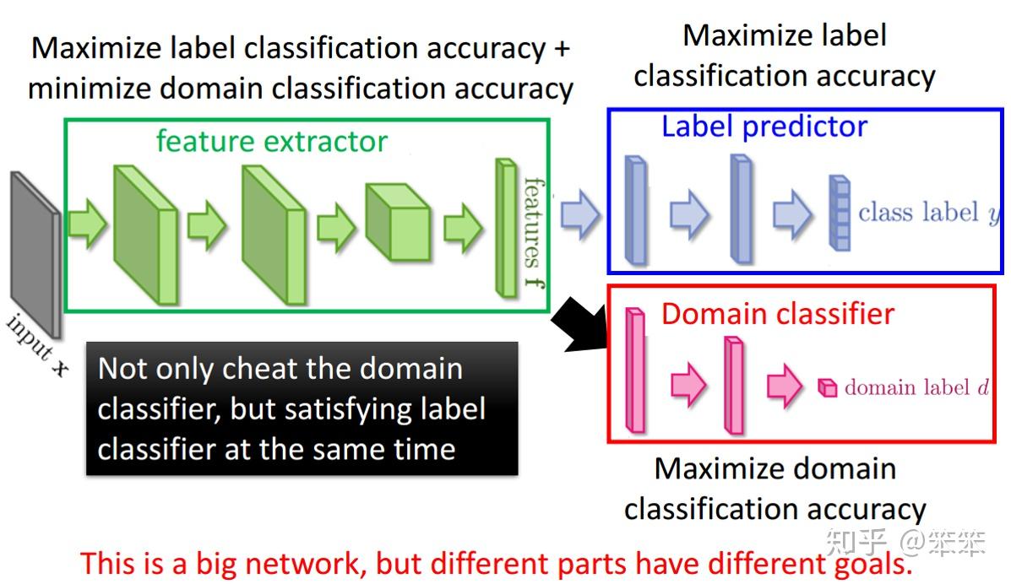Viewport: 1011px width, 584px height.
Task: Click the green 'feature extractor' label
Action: [x=271, y=141]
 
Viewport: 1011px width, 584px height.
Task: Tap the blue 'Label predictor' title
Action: [x=764, y=127]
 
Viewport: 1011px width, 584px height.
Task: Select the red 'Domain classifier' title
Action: [x=777, y=314]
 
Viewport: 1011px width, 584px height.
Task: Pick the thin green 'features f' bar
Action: [x=506, y=228]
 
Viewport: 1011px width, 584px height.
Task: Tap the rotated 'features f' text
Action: [x=534, y=232]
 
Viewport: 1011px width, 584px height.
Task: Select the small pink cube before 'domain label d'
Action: [x=827, y=387]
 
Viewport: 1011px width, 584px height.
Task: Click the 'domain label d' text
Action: [x=916, y=387]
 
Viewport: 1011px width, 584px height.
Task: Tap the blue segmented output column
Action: [x=839, y=213]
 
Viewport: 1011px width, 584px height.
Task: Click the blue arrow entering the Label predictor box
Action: [x=579, y=213]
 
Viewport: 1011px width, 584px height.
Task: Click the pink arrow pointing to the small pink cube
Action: [x=785, y=386]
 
